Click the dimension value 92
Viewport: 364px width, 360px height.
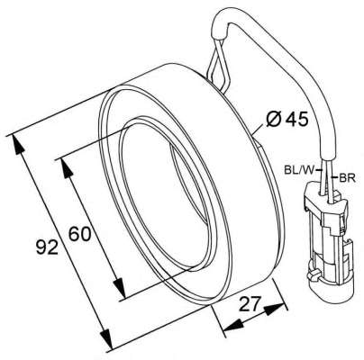(x=47, y=247)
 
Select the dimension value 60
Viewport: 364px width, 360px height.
(x=79, y=234)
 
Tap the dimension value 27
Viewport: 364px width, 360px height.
(x=249, y=304)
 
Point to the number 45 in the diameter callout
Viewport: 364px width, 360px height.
(x=296, y=120)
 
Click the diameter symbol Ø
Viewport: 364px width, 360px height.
(x=273, y=120)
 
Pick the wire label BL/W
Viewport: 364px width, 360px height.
(x=298, y=170)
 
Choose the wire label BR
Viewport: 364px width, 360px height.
(x=347, y=178)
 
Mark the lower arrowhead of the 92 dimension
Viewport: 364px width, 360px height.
(x=105, y=337)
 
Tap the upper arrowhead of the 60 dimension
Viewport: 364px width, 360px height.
(x=66, y=168)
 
